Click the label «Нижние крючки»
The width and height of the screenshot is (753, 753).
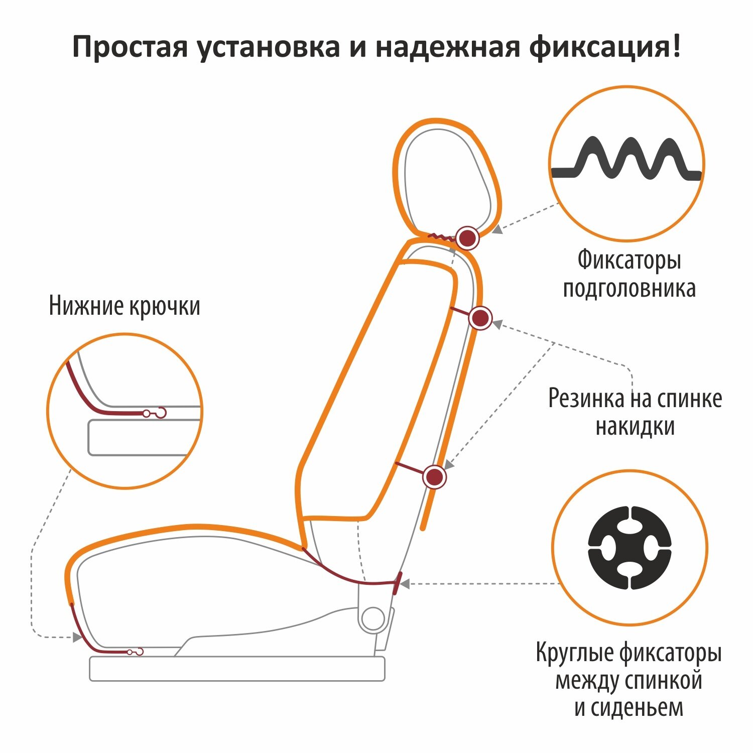124,306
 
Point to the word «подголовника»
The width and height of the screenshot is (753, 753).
629,289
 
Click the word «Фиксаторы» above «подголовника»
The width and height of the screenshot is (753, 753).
629,260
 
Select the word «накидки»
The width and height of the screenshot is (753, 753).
635,427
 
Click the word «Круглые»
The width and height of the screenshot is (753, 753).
574,653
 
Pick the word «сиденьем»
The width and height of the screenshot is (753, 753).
629,707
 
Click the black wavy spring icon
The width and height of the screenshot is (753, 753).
626,159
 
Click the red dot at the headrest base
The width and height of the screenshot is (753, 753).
468,237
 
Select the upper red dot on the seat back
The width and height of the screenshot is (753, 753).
480,318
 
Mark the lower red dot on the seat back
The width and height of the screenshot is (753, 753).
434,476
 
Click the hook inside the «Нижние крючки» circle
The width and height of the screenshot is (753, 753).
160,413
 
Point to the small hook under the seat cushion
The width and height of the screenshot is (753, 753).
138,652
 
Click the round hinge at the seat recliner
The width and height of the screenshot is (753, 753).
373,619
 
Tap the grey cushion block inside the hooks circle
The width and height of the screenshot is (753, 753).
138,438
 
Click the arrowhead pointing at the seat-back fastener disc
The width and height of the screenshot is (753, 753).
405,584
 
